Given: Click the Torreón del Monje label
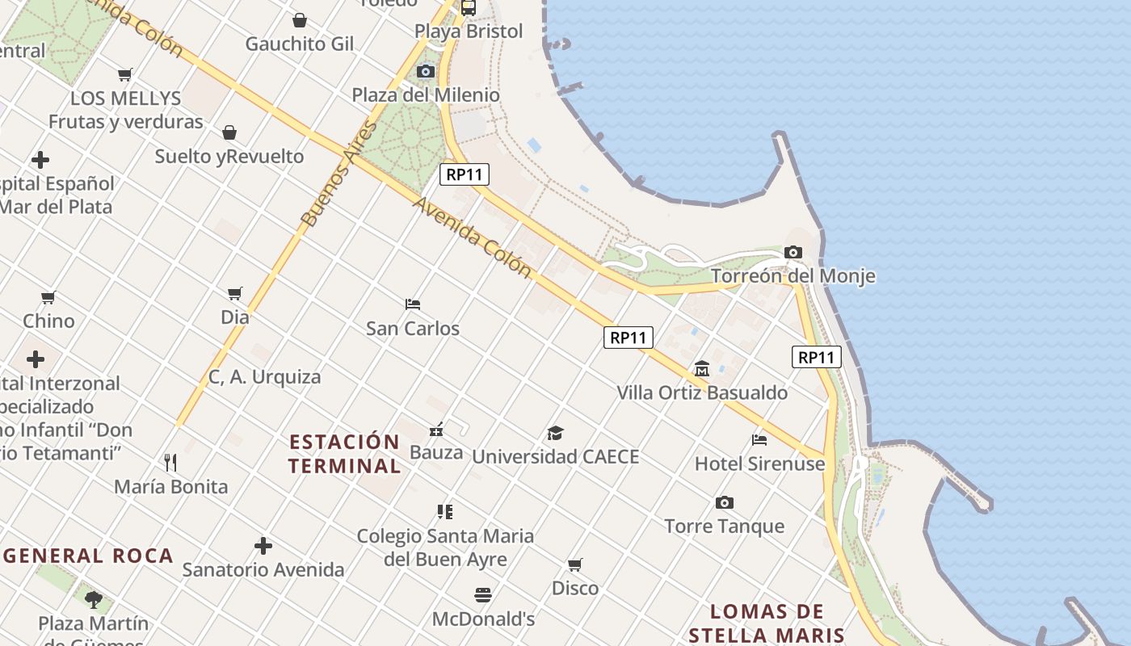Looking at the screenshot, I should (793, 276).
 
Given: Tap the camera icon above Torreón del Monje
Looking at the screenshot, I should (793, 253).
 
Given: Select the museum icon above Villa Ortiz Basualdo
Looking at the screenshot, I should (701, 369).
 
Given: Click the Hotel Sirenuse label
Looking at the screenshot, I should (759, 464).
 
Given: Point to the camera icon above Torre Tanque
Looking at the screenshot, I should (725, 503).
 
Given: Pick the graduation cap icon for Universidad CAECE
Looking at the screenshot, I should (555, 434).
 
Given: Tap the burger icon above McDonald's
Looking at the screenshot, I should (483, 596).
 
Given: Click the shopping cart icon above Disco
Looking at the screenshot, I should (574, 564).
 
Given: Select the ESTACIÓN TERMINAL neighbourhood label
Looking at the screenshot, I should (344, 454).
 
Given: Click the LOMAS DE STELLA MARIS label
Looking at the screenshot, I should (767, 623).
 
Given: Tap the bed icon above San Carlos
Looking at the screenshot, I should (413, 304).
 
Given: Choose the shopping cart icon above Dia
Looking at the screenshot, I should (235, 294).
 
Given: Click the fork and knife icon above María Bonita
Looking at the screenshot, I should (170, 463).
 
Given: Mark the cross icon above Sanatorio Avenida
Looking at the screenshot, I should (263, 546).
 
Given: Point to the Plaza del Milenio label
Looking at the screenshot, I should (425, 95).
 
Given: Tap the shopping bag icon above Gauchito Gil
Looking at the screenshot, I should (300, 20).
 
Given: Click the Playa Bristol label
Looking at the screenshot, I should (469, 31).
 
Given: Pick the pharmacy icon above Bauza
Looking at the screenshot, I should (436, 430).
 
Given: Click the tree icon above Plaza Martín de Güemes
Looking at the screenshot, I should (94, 599).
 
